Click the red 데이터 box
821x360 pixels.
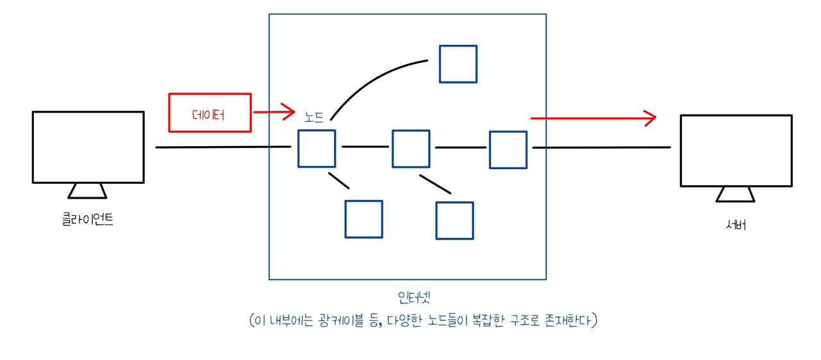point(210,113)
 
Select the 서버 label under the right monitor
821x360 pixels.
point(736,225)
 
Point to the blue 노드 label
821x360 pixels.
point(314,117)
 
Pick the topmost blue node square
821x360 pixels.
point(458,64)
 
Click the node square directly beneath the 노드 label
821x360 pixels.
point(317,149)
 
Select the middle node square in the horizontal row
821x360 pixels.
point(411,149)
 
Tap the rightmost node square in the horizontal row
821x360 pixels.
point(508,150)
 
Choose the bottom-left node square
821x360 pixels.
point(363,219)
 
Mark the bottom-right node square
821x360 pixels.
point(454,220)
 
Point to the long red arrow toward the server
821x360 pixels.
point(593,118)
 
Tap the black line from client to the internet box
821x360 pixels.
point(222,147)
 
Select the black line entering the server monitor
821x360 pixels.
point(601,147)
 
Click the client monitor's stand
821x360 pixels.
point(87,191)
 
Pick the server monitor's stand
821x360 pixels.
point(736,194)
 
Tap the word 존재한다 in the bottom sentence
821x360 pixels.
point(567,320)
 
